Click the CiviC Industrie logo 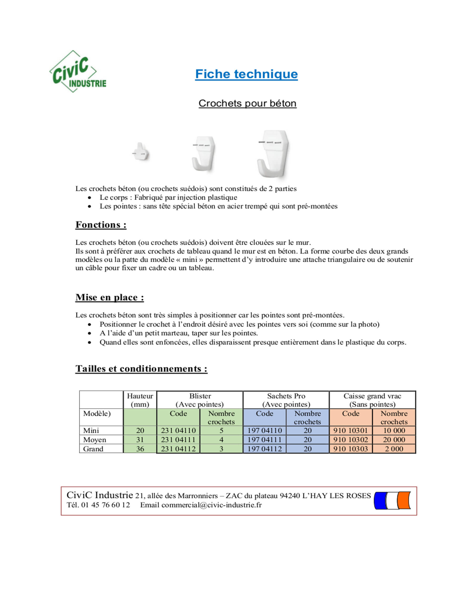coord(78,71)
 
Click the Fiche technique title coord(246,74)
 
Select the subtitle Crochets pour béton coord(247,103)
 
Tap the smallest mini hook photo coord(141,152)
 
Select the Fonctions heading coord(101,225)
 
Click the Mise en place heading coord(109,297)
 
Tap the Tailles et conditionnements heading coord(141,368)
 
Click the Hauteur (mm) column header coord(140,400)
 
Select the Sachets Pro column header coord(286,400)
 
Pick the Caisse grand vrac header coord(372,400)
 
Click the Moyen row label coord(94,440)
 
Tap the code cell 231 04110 coord(178,431)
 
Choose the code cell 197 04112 coord(264,449)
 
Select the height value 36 coord(140,449)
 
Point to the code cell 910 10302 coord(350,440)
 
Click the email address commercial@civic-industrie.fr coord(211,505)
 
